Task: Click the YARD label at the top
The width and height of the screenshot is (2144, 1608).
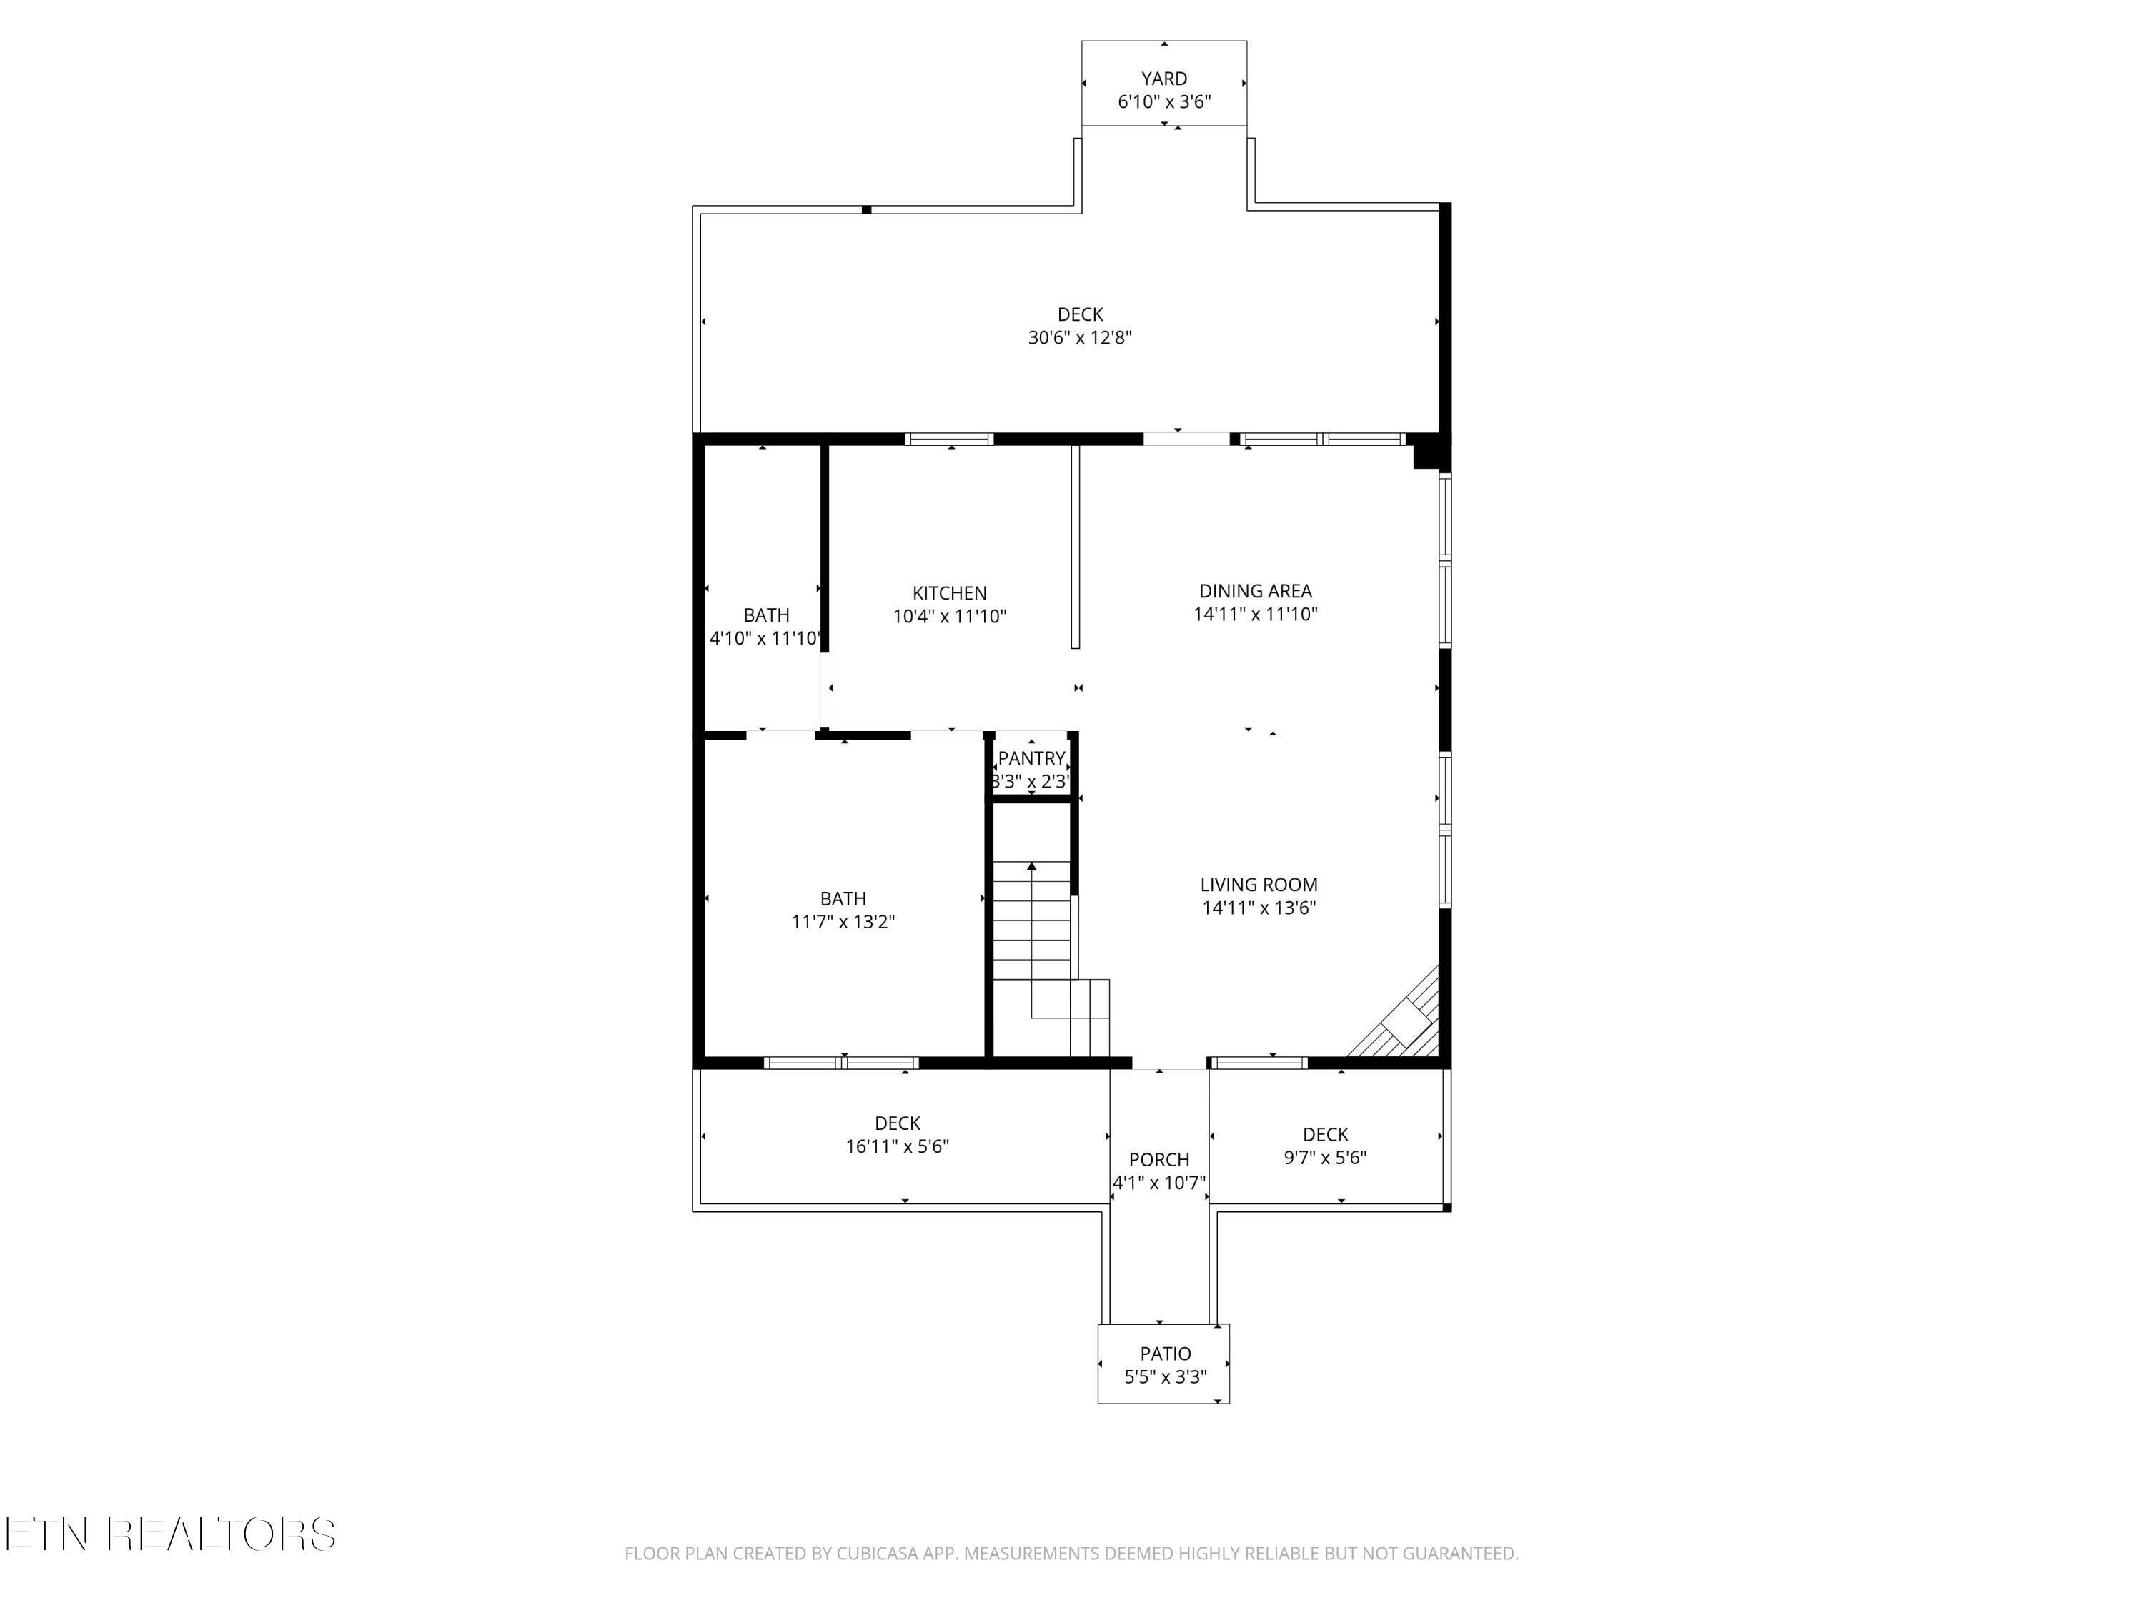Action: point(1164,79)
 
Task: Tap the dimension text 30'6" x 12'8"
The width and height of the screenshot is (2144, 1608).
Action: point(1080,338)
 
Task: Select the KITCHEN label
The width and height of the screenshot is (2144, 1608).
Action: point(949,593)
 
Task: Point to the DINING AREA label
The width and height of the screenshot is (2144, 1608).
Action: point(1255,590)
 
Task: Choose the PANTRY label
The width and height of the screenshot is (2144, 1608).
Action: point(1031,758)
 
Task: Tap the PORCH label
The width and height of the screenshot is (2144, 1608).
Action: point(1158,1159)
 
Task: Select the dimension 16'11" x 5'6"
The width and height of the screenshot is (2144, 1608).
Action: point(897,1146)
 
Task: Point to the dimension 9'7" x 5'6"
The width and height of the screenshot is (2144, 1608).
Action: point(1325,1157)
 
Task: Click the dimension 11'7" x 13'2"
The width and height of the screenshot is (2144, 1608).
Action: point(843,922)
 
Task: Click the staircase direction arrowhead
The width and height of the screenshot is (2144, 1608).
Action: point(1031,866)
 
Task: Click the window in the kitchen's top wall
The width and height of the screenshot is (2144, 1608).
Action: point(949,439)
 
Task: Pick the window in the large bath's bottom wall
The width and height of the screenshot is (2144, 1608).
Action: point(840,1062)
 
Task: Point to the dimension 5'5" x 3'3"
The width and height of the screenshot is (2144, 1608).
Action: point(1165,1377)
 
